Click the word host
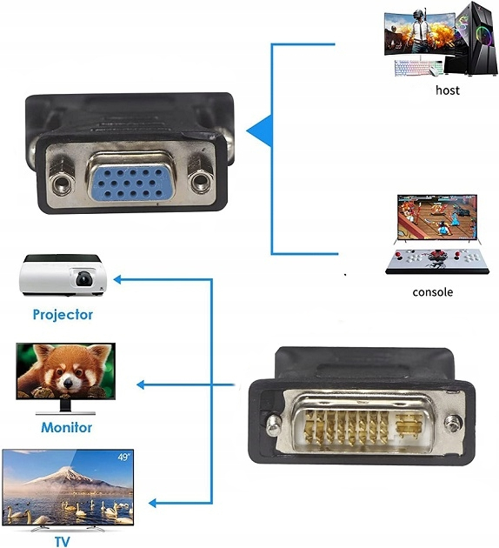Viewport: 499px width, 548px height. point(448,90)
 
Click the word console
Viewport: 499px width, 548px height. point(433,291)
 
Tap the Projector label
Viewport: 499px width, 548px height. point(63,315)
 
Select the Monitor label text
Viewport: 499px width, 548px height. point(66,427)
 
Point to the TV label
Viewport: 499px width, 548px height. point(63,541)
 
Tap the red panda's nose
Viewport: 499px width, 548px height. point(68,384)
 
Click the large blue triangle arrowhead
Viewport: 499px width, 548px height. point(259,131)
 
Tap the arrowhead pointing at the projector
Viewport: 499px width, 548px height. point(117,279)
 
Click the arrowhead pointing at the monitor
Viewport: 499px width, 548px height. point(140,384)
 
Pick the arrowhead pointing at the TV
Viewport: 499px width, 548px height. point(152,503)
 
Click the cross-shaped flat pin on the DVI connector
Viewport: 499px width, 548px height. point(409,425)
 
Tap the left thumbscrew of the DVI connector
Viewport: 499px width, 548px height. point(274,424)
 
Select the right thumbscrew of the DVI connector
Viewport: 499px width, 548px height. point(453,424)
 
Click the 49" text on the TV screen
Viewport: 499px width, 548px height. point(124,457)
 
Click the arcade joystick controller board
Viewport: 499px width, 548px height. point(437,261)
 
